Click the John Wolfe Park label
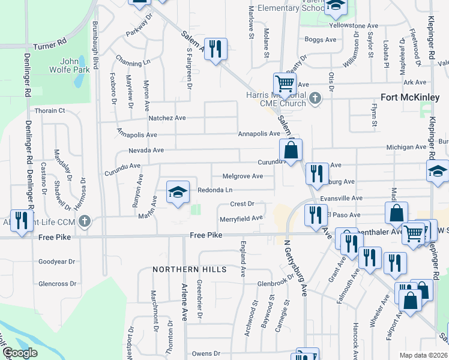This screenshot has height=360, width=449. [x=74, y=65]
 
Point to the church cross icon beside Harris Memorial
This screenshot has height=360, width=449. [x=315, y=97]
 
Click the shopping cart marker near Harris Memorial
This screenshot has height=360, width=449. [x=284, y=84]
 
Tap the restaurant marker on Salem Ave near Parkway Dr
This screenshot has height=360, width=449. [x=215, y=50]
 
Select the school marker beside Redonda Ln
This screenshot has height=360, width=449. [x=177, y=192]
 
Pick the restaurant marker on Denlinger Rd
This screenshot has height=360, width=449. [x=20, y=220]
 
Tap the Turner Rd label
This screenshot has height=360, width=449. [x=49, y=46]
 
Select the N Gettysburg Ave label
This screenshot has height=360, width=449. [x=295, y=268]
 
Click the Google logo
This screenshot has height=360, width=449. [x=20, y=353]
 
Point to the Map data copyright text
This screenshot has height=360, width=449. [x=423, y=355]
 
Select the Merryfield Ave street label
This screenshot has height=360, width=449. [x=241, y=218]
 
